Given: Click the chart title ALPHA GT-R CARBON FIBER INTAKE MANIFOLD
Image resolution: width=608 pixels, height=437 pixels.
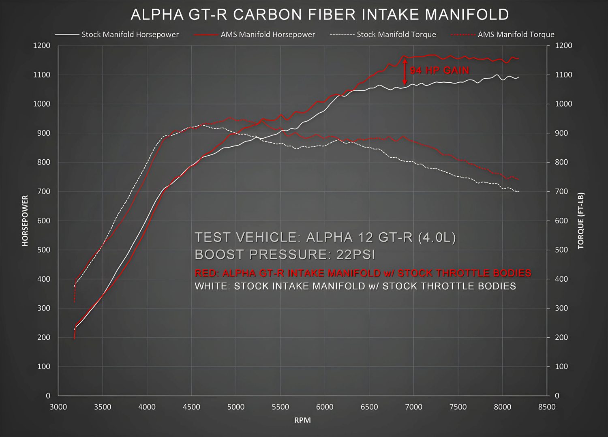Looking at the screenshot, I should coord(320,15).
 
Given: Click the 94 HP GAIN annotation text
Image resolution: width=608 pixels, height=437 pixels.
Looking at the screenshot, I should coord(439,71).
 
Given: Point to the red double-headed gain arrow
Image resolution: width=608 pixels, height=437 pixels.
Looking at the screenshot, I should coord(405,70).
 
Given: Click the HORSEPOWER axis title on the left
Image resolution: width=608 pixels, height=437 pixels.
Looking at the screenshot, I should coord(25,221).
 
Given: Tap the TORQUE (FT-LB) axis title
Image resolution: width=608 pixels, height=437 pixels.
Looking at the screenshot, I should coord(581,221).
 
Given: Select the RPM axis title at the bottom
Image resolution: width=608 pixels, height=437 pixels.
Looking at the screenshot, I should coord(302,420).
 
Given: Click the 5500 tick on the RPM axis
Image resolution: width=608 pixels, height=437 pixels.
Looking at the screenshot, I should coord(280,407).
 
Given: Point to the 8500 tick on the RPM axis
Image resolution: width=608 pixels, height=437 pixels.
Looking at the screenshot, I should coord(547,407).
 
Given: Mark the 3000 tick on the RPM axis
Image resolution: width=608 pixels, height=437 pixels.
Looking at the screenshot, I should coord(58,407).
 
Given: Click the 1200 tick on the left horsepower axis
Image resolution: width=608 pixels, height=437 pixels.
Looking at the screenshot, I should coord(42,45).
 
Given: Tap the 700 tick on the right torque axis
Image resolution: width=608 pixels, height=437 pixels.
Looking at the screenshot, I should coord(563,191).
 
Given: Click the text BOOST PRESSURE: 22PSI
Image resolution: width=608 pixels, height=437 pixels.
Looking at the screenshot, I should coord(285,255).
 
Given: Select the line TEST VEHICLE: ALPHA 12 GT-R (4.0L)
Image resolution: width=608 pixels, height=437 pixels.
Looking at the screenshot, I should coord(325,237).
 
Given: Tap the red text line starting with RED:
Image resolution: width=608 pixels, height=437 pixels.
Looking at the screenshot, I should coord(363,273).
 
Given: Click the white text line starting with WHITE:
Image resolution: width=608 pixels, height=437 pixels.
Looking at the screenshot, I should coord(355,286).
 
